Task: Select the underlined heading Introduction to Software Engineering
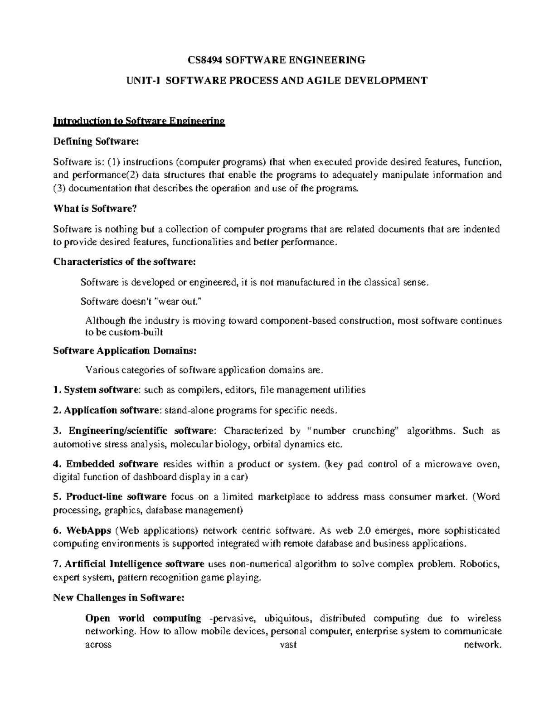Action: click(139, 121)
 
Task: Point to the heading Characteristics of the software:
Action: click(125, 262)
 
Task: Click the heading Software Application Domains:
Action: click(125, 351)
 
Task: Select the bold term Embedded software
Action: click(112, 464)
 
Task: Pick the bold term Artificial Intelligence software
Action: click(135, 564)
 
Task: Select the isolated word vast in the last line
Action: click(289, 645)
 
